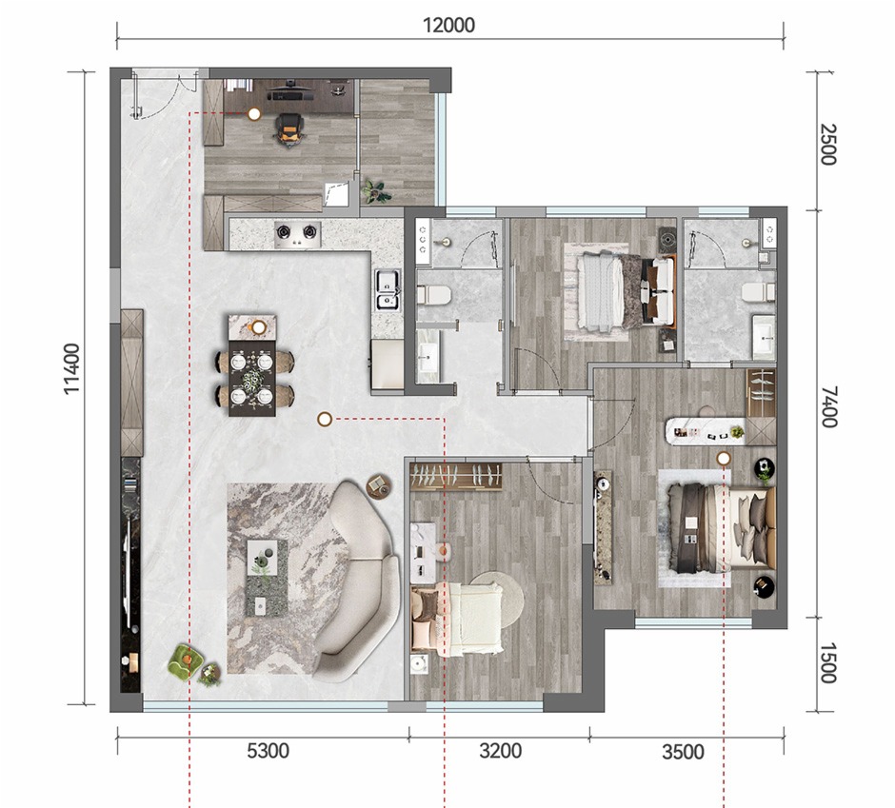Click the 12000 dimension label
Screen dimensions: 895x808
click(x=448, y=25)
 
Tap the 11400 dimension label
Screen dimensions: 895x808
click(x=72, y=368)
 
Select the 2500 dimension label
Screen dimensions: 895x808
click(x=827, y=145)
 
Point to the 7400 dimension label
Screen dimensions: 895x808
click(x=827, y=406)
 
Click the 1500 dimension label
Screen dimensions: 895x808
click(x=827, y=662)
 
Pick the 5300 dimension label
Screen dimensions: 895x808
click(x=268, y=751)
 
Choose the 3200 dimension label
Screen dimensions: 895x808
click(x=501, y=751)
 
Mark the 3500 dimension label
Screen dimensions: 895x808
click(x=684, y=752)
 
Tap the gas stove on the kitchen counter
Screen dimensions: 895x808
click(x=297, y=234)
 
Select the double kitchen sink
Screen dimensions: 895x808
click(x=387, y=290)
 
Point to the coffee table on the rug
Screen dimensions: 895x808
click(x=266, y=578)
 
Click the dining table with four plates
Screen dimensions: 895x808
click(x=252, y=378)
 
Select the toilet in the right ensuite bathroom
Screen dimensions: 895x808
click(x=759, y=292)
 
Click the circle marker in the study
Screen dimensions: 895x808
click(x=254, y=114)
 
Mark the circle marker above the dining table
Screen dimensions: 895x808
click(x=259, y=327)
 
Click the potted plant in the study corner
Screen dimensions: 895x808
click(x=375, y=191)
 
